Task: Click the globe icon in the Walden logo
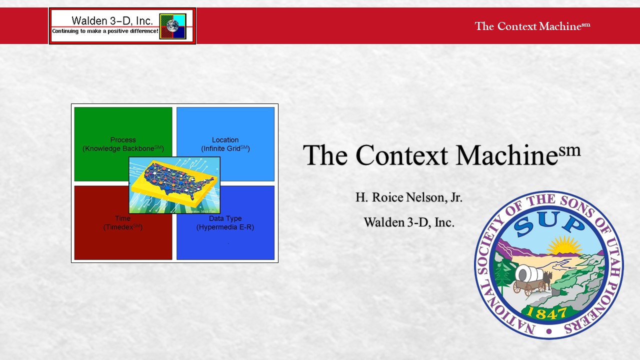172,25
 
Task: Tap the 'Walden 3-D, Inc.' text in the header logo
112,20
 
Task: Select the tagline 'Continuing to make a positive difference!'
105,31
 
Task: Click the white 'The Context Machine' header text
532,26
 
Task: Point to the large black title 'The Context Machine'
441,154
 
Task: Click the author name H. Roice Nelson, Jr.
409,197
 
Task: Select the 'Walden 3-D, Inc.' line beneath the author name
409,222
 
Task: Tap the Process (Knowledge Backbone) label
123,144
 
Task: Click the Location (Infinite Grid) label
225,144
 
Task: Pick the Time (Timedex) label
123,222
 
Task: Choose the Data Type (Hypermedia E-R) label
225,222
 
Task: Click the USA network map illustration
174,185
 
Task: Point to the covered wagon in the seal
529,279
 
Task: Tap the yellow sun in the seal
564,245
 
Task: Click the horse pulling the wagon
547,280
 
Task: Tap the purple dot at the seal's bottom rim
548,331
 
